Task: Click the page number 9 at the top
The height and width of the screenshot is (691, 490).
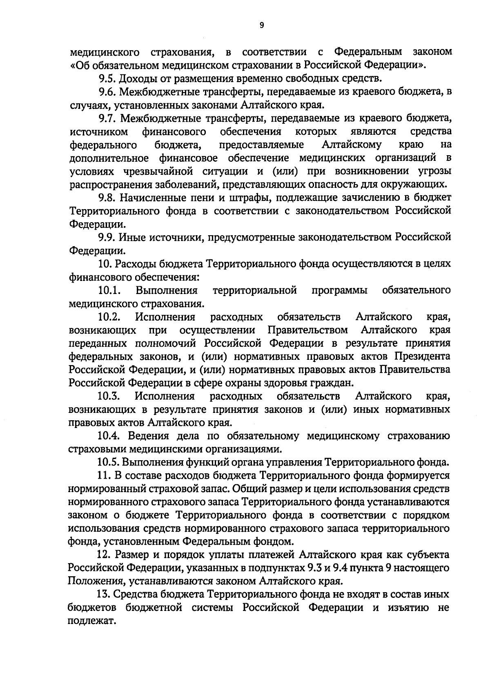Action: tap(262, 25)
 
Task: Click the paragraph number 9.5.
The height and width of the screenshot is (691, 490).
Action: tap(107, 78)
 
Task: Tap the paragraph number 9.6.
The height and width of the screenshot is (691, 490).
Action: tap(107, 92)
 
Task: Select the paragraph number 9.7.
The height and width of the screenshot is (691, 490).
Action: tap(107, 118)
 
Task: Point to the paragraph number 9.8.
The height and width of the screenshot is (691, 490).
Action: tap(107, 198)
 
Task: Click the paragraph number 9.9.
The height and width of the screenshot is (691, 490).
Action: tap(107, 237)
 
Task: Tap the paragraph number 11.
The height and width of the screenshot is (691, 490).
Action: tap(104, 475)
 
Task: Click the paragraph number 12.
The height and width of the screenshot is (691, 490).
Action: tap(104, 555)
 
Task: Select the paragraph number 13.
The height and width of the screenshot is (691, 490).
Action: tap(104, 594)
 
